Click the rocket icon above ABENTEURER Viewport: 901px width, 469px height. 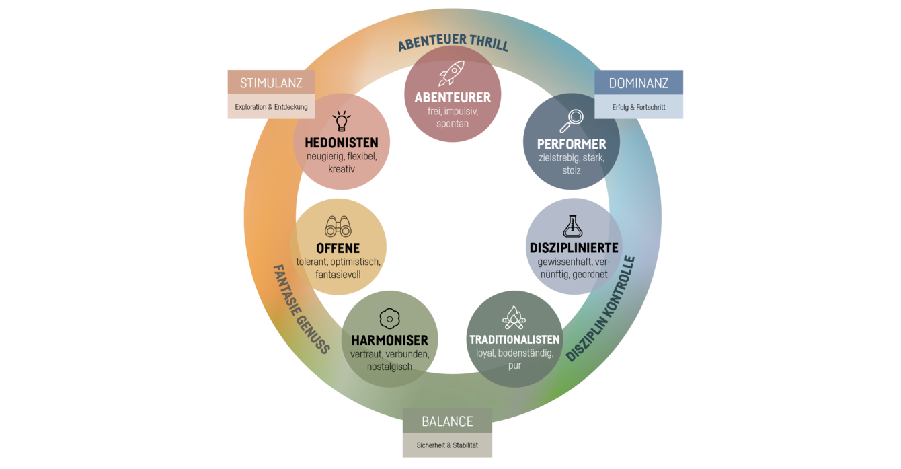(451, 73)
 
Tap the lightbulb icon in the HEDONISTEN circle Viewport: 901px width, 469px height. (342, 121)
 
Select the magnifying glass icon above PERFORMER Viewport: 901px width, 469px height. (572, 121)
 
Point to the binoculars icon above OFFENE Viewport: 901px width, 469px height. (338, 227)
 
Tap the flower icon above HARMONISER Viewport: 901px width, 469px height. (389, 318)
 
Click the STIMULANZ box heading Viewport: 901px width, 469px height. (271, 83)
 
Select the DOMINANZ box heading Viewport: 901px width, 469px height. (639, 83)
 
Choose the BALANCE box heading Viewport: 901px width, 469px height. (447, 422)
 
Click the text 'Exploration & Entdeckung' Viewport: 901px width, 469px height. (271, 107)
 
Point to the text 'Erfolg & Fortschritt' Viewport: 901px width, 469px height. (639, 107)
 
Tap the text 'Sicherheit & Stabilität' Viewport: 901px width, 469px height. (447, 445)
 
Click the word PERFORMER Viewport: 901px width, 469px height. (572, 144)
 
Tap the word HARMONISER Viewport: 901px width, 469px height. (389, 340)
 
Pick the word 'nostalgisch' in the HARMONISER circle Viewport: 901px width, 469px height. (389, 367)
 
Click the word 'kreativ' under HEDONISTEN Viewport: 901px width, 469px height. (342, 169)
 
